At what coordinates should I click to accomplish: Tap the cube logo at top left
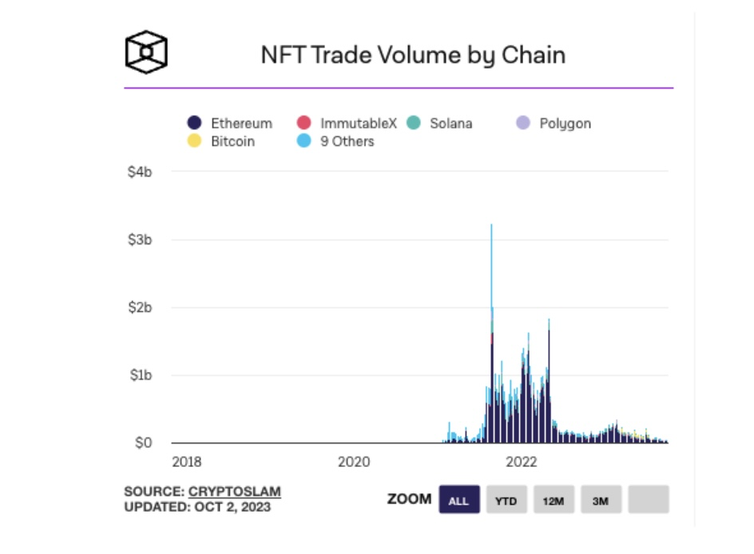click(146, 52)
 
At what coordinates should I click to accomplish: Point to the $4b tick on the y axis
click(140, 172)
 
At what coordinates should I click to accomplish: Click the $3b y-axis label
click(140, 239)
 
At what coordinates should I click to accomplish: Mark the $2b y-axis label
click(140, 307)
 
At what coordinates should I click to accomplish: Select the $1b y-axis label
click(140, 375)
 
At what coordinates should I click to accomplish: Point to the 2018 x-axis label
click(186, 461)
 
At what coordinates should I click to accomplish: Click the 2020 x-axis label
click(354, 461)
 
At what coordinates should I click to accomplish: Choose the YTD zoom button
click(506, 501)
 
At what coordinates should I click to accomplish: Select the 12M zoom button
click(554, 501)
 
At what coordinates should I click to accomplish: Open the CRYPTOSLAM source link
click(235, 492)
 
